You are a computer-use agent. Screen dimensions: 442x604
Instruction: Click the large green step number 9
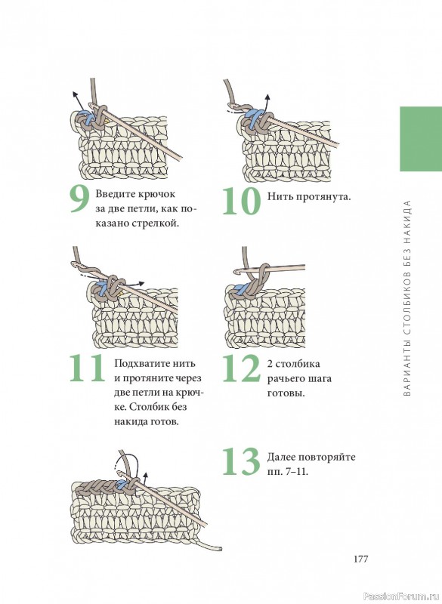point(79,200)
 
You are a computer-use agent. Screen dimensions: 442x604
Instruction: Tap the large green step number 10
point(242,200)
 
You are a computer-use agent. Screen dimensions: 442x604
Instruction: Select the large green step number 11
point(87,368)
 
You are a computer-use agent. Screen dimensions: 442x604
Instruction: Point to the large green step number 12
point(242,368)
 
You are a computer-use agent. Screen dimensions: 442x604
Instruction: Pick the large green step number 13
point(242,461)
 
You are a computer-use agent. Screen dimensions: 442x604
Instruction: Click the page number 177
point(360,559)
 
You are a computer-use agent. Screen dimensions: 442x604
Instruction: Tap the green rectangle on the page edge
point(421,139)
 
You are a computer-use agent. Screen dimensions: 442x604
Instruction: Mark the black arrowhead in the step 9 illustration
point(74,94)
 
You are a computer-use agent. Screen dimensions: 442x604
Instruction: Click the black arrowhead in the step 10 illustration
point(267,97)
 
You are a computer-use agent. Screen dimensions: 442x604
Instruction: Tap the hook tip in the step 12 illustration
point(236,272)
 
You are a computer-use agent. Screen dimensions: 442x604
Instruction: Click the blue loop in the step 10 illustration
point(252,116)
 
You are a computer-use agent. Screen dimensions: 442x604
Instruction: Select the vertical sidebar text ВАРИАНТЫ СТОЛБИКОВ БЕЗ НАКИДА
point(409,298)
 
